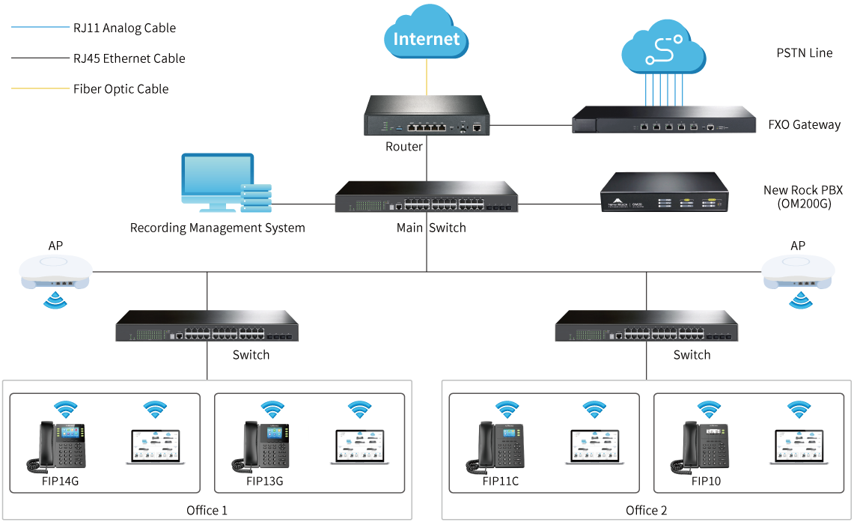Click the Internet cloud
pos(426,34)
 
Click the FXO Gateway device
pos(664,120)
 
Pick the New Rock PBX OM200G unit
pos(664,193)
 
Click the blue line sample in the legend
pos(40,28)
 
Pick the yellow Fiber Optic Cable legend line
pos(40,88)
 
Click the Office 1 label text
pos(207,511)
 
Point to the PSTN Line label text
pos(804,53)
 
